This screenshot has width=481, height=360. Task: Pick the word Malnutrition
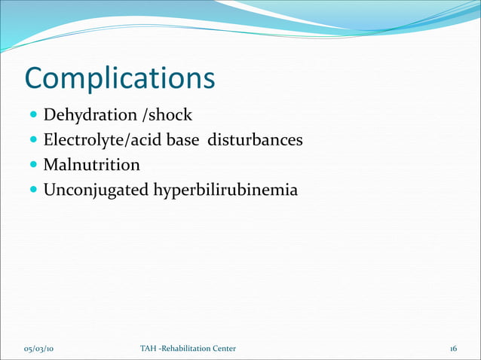tap(91, 164)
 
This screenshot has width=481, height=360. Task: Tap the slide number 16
tap(453, 348)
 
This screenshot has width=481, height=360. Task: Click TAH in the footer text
tap(149, 348)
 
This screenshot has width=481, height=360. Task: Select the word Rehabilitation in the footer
tap(188, 348)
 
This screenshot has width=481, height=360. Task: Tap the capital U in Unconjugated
tap(49, 190)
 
